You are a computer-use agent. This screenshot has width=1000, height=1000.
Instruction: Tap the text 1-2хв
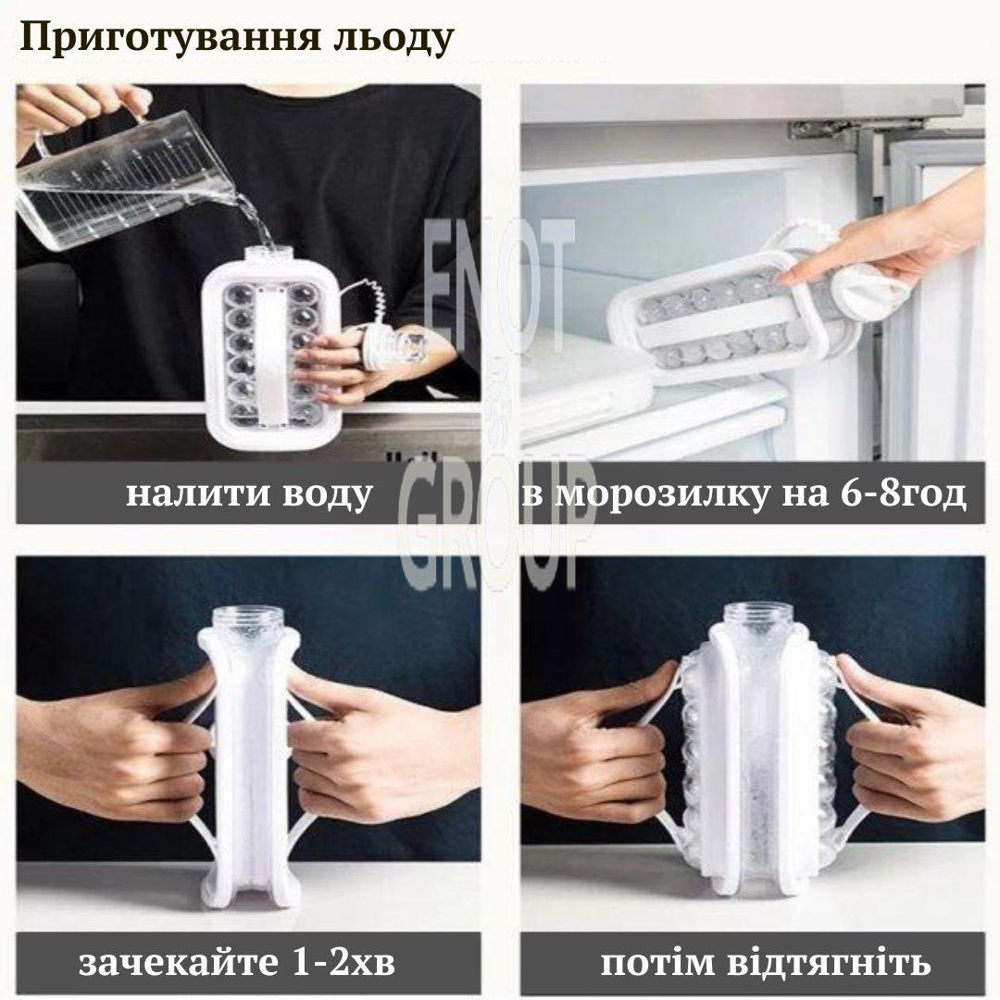coord(344,962)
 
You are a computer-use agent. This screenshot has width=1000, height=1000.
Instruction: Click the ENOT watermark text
coord(499,284)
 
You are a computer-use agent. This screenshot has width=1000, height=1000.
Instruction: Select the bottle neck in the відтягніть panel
coord(753,618)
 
